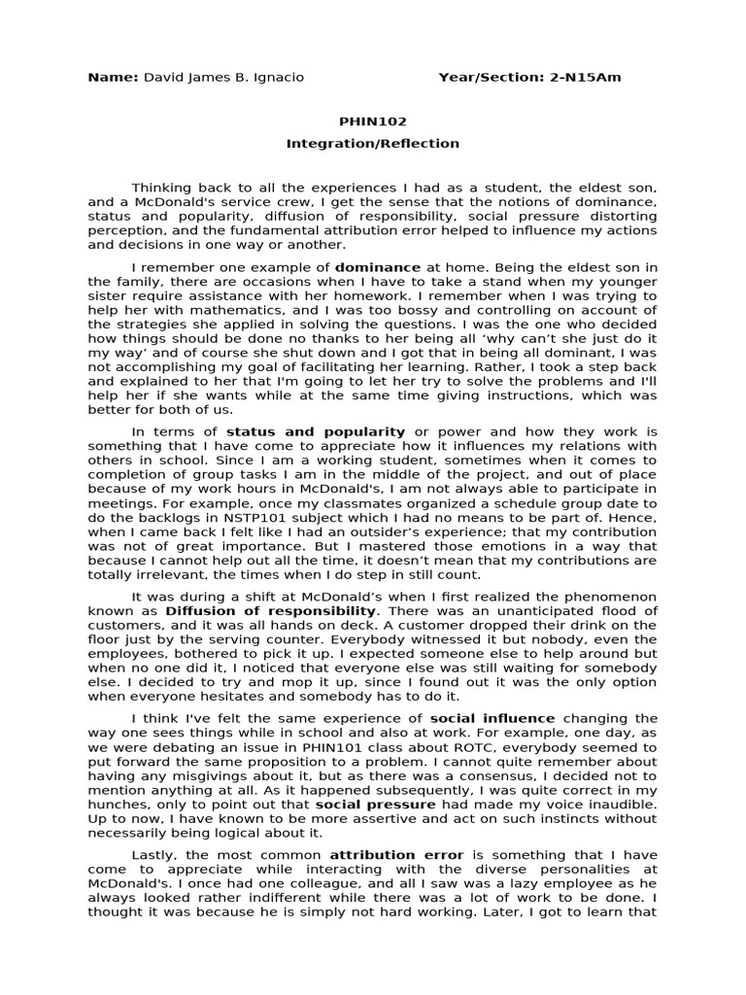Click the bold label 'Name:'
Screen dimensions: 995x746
pos(113,78)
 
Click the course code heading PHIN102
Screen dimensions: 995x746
pos(372,121)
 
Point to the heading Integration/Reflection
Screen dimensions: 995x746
pos(372,144)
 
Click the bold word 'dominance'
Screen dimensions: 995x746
pos(378,267)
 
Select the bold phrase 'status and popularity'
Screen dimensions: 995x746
pos(316,431)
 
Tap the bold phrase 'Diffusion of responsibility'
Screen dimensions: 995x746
pos(271,611)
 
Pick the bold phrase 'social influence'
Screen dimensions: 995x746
pos(492,718)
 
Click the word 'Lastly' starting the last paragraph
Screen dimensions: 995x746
pos(153,855)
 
